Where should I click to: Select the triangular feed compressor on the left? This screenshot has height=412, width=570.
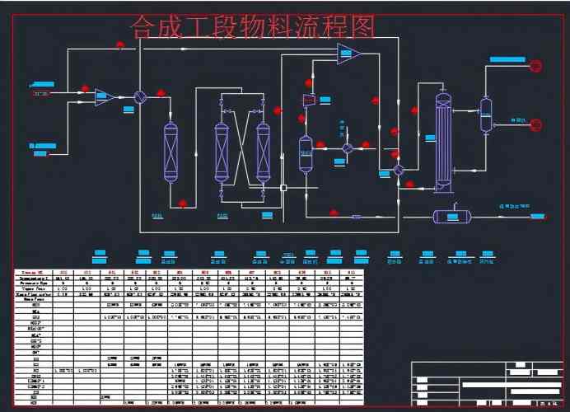click(x=104, y=96)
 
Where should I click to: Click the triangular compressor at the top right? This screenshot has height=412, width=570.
click(x=348, y=55)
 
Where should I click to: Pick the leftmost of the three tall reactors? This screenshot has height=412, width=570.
click(x=171, y=152)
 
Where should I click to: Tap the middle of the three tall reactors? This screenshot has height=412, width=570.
click(x=222, y=152)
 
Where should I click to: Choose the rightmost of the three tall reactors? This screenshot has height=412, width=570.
click(x=264, y=152)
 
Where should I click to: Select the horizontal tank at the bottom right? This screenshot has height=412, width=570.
click(x=451, y=216)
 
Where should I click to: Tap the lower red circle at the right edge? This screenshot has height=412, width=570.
click(x=535, y=124)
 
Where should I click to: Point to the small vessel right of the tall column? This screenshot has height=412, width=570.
click(x=486, y=115)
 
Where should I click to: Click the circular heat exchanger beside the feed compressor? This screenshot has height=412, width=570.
click(x=140, y=96)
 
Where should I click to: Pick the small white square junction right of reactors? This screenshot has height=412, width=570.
click(x=284, y=188)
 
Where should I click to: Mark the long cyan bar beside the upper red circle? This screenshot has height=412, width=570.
click(x=507, y=59)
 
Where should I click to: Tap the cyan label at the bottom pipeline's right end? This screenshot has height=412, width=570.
click(x=538, y=216)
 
